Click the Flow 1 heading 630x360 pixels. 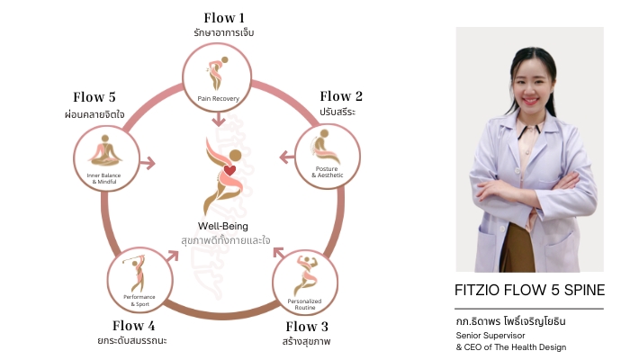point(224,17)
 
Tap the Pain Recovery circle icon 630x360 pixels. point(217,76)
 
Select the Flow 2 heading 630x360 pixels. point(341,96)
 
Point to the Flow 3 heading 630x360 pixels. point(307,326)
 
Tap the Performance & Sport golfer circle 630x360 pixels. point(139,281)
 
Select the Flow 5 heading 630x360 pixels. point(94,97)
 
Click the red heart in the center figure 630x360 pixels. point(229,169)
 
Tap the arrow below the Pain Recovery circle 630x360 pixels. point(217,121)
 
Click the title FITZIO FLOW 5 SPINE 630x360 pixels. point(528,290)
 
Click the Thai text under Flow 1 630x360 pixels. point(224,33)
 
